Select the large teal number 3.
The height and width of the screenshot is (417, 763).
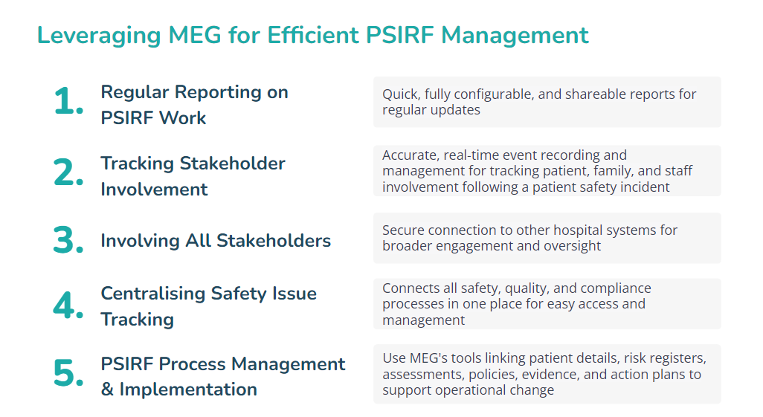(x=68, y=240)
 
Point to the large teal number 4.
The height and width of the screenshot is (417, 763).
(x=68, y=306)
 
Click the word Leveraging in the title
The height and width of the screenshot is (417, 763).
(x=99, y=36)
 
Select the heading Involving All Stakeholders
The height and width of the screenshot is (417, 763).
(x=216, y=241)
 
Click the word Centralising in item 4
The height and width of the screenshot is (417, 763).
(x=152, y=294)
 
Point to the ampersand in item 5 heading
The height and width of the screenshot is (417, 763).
(x=108, y=389)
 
